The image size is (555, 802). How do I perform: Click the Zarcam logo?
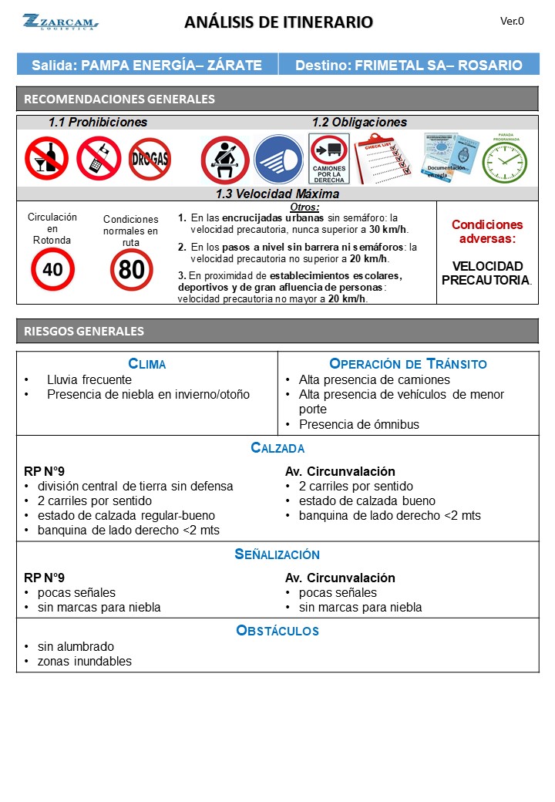coord(60,22)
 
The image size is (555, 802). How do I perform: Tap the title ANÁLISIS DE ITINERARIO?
coord(278,22)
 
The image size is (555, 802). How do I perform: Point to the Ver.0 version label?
coord(512,21)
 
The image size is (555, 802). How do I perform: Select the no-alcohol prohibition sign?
coord(46,158)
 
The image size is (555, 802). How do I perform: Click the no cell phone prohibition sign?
coord(99,158)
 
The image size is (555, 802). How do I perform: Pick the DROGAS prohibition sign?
coord(150,159)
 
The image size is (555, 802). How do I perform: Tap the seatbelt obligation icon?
coord(224,160)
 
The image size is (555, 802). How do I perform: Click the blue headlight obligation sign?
coord(278,160)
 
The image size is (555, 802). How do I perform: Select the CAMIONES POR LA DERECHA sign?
coord(329,159)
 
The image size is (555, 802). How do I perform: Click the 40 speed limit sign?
coord(52,269)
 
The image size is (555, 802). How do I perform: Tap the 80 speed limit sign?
coord(131,270)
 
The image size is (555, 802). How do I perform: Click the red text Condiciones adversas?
coord(486,231)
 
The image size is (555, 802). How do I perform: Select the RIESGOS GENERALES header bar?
coord(277,331)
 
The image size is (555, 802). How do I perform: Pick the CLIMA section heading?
coord(146,364)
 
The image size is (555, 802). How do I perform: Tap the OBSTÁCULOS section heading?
coord(277,631)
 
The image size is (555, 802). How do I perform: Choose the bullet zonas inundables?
coord(84,661)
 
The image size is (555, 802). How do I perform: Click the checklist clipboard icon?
coord(382,159)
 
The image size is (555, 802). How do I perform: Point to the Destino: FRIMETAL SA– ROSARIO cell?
coord(409,66)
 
